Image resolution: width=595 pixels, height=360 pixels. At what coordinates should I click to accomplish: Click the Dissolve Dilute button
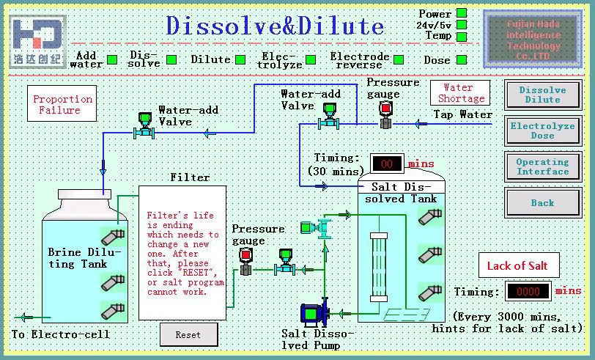(x=542, y=95)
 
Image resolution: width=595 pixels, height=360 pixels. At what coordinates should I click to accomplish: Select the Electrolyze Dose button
(x=542, y=131)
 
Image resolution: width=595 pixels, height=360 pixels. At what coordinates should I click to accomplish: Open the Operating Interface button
(x=542, y=166)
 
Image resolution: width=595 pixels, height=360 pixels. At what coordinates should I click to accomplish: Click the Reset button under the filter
(x=188, y=334)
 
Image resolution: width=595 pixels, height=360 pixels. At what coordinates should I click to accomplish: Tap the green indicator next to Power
(x=462, y=12)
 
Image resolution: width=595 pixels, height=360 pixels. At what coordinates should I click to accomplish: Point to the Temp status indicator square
(x=462, y=36)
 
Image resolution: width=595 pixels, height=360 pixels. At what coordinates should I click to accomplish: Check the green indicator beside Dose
(x=462, y=60)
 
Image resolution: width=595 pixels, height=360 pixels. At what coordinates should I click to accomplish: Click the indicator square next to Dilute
(x=238, y=60)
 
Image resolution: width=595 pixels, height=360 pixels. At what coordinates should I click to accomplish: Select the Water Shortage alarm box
(x=461, y=93)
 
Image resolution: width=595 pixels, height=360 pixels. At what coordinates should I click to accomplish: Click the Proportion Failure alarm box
(x=62, y=104)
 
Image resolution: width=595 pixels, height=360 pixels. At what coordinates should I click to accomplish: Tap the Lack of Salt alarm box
(x=517, y=265)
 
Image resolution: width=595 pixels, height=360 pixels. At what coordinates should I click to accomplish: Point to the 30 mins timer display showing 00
(x=386, y=163)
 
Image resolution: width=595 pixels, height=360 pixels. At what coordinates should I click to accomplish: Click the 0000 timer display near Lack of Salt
(x=528, y=291)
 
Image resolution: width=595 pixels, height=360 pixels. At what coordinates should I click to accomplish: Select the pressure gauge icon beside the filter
(x=245, y=260)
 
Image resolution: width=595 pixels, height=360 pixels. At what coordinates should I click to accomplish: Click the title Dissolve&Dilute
(x=275, y=26)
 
